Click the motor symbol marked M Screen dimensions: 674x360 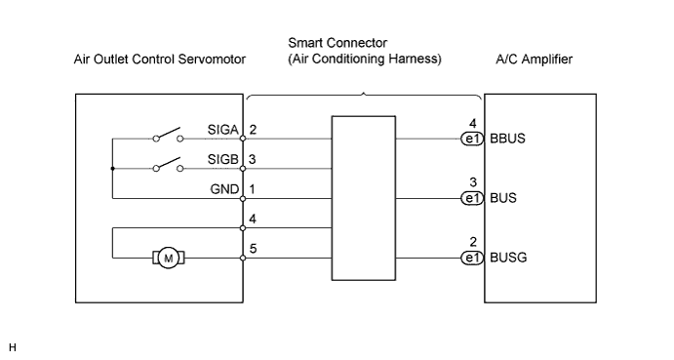tap(169, 259)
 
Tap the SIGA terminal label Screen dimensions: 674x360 tap(222, 130)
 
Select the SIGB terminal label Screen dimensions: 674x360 tap(222, 159)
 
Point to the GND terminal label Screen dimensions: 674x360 tap(224, 189)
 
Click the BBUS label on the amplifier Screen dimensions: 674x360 tap(507, 139)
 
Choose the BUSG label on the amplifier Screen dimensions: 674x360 tap(508, 258)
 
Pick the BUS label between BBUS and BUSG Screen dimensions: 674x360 tap(503, 198)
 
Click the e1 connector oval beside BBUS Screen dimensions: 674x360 tap(472, 139)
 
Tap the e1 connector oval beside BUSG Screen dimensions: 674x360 tap(472, 259)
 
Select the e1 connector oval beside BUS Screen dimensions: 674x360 tap(472, 198)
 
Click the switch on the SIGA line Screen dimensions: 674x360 tap(168, 135)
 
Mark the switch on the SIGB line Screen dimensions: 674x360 tap(168, 164)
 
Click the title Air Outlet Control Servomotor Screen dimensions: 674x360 tap(159, 59)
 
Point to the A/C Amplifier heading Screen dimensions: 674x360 tap(534, 59)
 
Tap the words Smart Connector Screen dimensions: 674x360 tap(337, 43)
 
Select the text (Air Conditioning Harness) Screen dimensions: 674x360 tap(365, 59)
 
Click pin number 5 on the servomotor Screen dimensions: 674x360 tap(253, 249)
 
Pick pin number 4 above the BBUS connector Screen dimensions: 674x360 tap(473, 124)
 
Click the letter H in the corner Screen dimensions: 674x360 tap(12, 347)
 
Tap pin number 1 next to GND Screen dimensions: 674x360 tap(253, 189)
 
